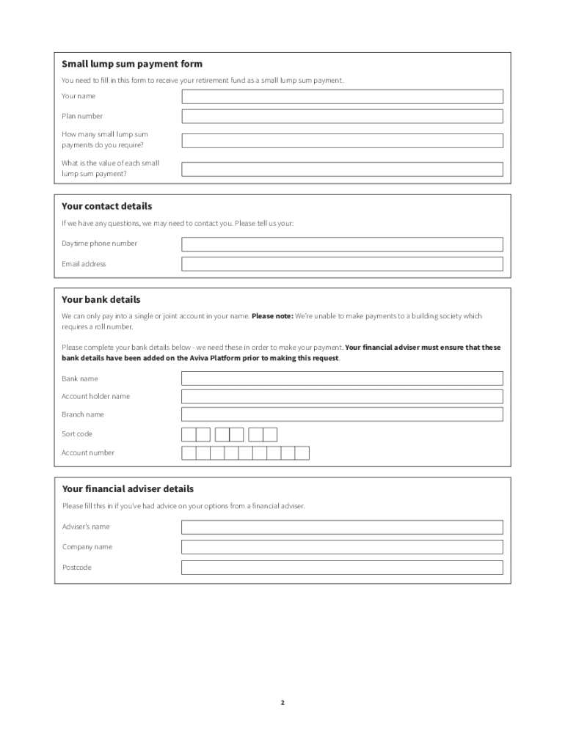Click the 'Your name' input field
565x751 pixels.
click(x=342, y=97)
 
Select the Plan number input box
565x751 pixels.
click(x=342, y=117)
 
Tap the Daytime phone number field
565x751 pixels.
click(x=342, y=244)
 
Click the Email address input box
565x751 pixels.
click(x=342, y=264)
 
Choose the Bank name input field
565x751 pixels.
click(x=342, y=378)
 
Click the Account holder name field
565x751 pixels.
click(x=342, y=397)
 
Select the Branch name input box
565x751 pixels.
click(x=342, y=414)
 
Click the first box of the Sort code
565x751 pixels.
click(x=189, y=434)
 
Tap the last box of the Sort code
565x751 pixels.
click(x=270, y=434)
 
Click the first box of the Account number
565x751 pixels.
click(x=189, y=453)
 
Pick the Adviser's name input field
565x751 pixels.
click(x=342, y=527)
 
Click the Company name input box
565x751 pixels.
click(x=342, y=547)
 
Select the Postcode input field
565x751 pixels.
click(x=342, y=568)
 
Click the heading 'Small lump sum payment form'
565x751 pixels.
click(x=132, y=65)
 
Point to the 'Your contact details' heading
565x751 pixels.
click(x=107, y=207)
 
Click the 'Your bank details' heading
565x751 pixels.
click(x=101, y=300)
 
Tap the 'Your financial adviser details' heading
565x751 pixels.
click(x=128, y=489)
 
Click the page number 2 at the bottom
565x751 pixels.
click(x=282, y=703)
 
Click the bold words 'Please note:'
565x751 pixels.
click(x=272, y=317)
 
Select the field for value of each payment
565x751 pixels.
click(x=342, y=169)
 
